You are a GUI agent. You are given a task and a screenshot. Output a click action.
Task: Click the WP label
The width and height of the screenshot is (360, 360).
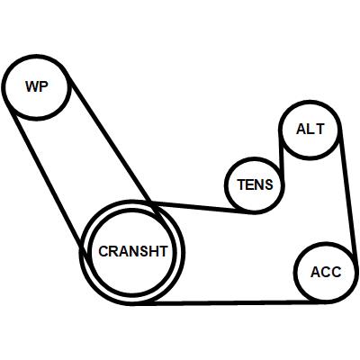(37, 86)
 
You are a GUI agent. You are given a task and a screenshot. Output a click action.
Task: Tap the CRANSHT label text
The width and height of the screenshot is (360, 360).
(133, 251)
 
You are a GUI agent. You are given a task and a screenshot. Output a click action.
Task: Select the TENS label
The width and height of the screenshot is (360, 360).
(256, 184)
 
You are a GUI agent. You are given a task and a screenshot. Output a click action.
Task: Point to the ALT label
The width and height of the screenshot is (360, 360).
(310, 129)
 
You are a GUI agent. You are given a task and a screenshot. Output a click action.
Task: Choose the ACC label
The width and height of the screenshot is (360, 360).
(326, 272)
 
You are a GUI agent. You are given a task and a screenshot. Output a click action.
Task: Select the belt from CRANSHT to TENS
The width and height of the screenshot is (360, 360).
(200, 207)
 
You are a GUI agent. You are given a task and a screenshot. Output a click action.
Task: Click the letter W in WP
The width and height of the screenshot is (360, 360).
(32, 86)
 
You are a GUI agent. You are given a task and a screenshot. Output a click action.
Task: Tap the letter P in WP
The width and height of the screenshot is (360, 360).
(44, 86)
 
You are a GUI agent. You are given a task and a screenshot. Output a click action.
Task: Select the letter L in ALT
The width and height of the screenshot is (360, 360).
(310, 129)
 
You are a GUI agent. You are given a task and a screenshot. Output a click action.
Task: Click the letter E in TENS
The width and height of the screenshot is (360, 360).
(249, 184)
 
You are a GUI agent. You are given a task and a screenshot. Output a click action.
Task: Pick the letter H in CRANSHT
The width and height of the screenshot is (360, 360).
(153, 251)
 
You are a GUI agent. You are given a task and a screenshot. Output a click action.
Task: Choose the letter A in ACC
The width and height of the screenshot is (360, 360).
(316, 272)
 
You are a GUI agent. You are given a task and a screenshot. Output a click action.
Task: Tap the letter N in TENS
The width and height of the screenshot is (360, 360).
(259, 184)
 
